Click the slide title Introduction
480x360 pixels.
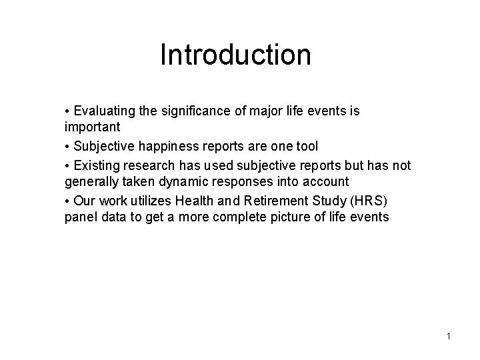235,55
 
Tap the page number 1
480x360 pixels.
449,336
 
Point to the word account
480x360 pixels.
326,181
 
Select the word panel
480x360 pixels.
80,218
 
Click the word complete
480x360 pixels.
215,218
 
